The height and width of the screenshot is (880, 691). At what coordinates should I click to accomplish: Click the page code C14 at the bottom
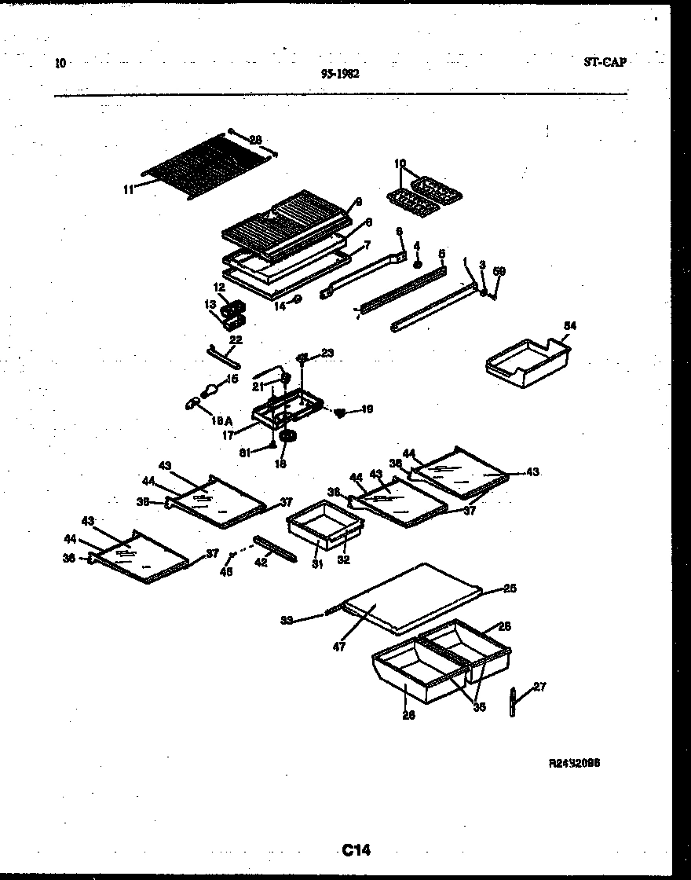click(x=356, y=849)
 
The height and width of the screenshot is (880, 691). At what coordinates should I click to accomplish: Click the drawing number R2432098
click(x=579, y=762)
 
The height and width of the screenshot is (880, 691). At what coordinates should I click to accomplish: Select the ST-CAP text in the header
click(x=605, y=62)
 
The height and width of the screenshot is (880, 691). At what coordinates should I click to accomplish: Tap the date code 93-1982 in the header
click(x=340, y=74)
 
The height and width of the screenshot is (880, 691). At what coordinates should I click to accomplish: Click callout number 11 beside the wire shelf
click(x=129, y=187)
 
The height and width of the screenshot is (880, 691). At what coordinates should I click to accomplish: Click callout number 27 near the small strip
click(x=539, y=687)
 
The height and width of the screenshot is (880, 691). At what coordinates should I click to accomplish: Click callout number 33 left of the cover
click(x=288, y=621)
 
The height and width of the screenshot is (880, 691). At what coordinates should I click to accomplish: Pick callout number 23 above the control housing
click(x=327, y=354)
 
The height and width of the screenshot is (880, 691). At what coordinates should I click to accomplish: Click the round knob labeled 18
click(x=287, y=437)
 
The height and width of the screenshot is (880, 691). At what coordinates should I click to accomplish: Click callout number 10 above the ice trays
click(x=400, y=163)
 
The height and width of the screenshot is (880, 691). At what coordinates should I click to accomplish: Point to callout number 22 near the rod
click(x=235, y=340)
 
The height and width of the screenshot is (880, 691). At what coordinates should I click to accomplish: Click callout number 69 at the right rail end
click(x=499, y=272)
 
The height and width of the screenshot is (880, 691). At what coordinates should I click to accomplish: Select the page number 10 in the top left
click(x=60, y=63)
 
